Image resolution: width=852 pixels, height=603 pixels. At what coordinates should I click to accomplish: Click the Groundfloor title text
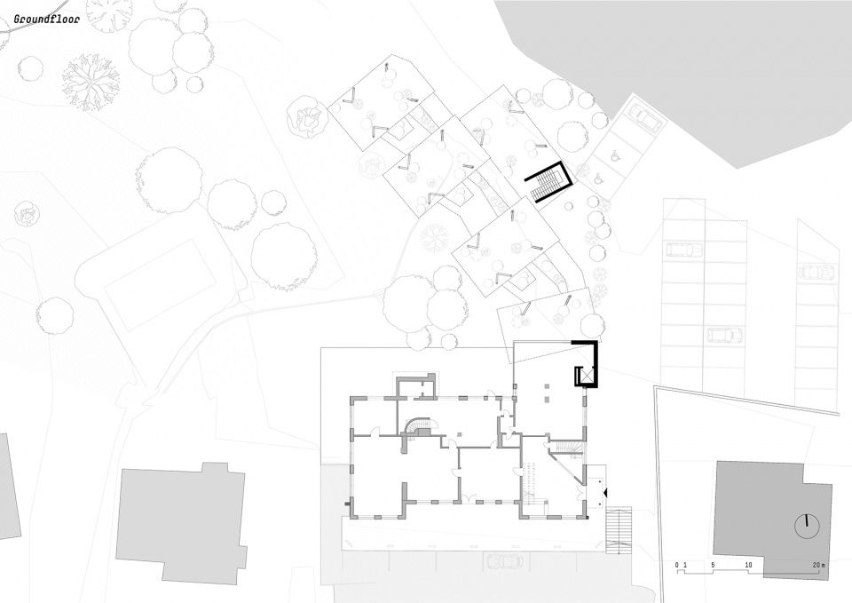tap(47, 19)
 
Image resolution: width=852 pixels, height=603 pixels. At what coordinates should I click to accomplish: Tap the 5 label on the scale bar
tap(713, 566)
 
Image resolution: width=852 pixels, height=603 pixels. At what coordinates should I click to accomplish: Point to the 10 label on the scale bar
tap(749, 566)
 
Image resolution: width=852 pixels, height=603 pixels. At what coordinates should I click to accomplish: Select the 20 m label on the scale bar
tap(819, 566)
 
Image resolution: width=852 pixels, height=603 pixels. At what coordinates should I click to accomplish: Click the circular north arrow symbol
tap(807, 525)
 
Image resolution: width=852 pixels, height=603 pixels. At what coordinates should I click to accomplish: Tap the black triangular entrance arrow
tap(605, 493)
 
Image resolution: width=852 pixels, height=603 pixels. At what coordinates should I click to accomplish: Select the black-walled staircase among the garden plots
tap(548, 182)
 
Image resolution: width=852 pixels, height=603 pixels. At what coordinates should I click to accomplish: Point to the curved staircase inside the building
tap(418, 427)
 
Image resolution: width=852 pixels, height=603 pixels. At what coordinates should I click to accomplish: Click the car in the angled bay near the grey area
tap(644, 116)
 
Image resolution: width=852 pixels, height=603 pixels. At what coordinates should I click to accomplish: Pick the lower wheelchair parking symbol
tap(599, 178)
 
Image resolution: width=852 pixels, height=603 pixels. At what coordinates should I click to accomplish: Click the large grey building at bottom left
tap(182, 522)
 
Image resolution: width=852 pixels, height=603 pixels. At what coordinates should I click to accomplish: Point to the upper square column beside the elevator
tap(548, 386)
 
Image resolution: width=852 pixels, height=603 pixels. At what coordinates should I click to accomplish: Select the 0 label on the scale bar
tap(677, 566)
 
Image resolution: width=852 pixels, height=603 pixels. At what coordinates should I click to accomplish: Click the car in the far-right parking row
tap(816, 272)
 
